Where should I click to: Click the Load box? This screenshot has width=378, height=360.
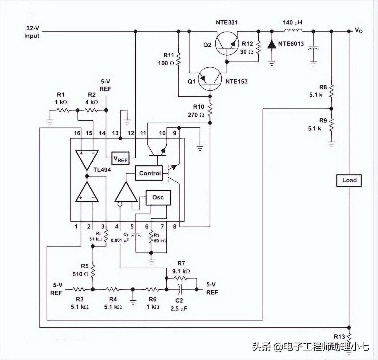[349, 180]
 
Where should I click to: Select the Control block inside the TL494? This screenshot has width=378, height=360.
[149, 173]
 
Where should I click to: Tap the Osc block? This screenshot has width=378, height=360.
[158, 197]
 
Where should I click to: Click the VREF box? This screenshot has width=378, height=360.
[120, 159]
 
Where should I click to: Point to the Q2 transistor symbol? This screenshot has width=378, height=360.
[227, 43]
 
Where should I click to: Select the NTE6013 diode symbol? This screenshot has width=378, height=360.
[272, 45]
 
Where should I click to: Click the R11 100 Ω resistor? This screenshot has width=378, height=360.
[178, 59]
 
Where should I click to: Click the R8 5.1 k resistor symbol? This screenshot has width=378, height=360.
[331, 91]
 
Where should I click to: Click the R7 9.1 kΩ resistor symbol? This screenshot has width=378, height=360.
[181, 278]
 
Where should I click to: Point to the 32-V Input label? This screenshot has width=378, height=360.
[32, 32]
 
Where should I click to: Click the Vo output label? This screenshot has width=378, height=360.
[359, 30]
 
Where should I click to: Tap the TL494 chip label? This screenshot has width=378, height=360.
[102, 170]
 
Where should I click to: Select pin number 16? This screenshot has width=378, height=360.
[77, 133]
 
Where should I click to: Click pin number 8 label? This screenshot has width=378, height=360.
[174, 226]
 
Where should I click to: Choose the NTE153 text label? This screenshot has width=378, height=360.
[236, 81]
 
